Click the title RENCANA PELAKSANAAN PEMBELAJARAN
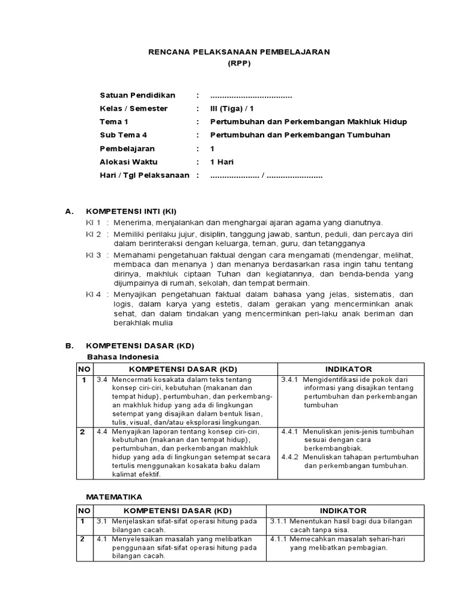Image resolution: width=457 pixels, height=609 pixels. (239, 52)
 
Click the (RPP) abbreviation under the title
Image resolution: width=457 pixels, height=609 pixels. (239, 64)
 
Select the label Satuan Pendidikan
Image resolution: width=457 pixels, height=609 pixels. (137, 96)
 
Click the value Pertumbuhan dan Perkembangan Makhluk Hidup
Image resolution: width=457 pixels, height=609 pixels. (309, 122)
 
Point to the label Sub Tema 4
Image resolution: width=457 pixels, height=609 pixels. (123, 135)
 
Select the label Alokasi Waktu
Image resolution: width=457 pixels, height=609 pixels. (128, 162)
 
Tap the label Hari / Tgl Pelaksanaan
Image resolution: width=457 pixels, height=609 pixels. (145, 175)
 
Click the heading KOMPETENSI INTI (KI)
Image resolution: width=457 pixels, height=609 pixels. (132, 211)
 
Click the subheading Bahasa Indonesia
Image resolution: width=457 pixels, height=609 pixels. (123, 357)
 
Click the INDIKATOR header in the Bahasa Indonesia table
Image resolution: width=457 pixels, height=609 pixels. (348, 369)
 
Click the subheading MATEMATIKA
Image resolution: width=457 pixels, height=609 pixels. (114, 497)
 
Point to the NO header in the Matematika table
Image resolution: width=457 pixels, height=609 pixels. (84, 511)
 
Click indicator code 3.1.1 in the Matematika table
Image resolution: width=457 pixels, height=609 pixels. (279, 521)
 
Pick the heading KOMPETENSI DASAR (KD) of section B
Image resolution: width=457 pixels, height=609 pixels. (140, 346)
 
